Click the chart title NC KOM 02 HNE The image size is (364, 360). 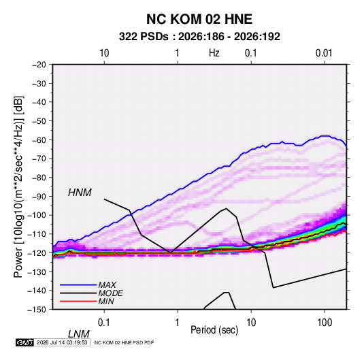click(199, 19)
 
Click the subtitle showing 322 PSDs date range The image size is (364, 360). click(199, 37)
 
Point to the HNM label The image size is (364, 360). click(80, 193)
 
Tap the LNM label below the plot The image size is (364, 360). click(78, 334)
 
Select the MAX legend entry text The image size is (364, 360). click(107, 285)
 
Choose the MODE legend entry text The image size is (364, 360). click(110, 293)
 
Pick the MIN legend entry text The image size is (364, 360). click(106, 301)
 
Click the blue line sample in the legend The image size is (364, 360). click(78, 285)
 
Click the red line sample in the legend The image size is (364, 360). click(78, 301)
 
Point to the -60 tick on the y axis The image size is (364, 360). click(39, 140)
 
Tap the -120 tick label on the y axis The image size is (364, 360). click(37, 252)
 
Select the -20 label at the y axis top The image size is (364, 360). click(39, 65)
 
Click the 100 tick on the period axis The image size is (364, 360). click(325, 323)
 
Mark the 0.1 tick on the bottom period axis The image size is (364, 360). click(103, 323)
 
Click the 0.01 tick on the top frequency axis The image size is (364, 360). click(324, 53)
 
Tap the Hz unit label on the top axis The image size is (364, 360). click(214, 53)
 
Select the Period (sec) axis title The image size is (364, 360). click(214, 329)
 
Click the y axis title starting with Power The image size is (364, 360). click(18, 186)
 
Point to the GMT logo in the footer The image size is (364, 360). click(25, 342)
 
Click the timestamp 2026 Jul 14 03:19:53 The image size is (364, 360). click(62, 342)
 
